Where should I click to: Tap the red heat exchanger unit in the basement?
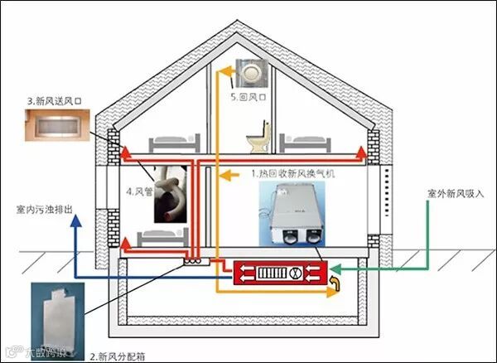point(282,271)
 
